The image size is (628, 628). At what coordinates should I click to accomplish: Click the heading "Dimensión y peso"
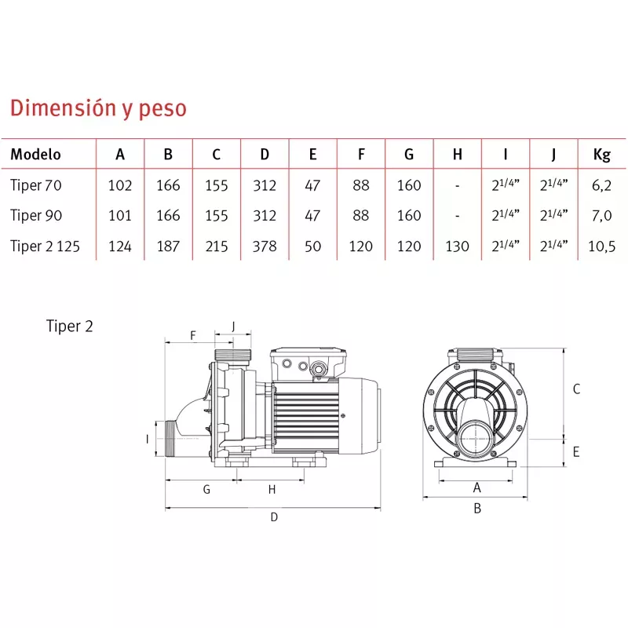click(99, 108)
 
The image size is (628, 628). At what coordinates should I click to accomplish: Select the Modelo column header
click(35, 154)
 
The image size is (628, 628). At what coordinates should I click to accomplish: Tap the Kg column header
click(601, 155)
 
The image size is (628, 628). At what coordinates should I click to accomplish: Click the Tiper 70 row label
click(36, 185)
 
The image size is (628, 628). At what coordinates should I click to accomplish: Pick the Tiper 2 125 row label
click(46, 246)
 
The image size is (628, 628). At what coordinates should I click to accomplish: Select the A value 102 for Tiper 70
click(120, 185)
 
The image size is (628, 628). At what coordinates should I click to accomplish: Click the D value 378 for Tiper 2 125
click(265, 246)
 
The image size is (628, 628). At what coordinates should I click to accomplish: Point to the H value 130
click(457, 246)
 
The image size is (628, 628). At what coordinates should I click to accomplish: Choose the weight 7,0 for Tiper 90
click(601, 216)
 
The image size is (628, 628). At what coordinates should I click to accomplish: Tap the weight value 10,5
click(601, 246)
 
